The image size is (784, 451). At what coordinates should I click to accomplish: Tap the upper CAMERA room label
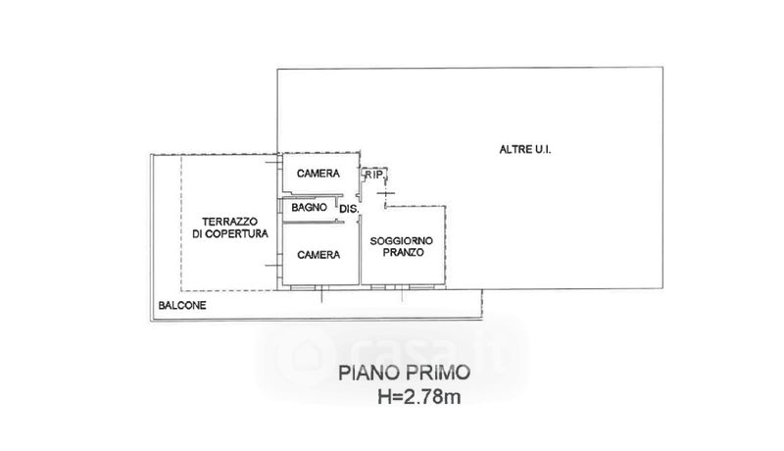coord(318,174)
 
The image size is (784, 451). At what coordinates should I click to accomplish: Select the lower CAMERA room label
coord(318,254)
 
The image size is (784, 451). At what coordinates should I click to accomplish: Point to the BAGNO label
coord(308,208)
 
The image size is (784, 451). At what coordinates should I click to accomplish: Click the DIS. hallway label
coord(350,209)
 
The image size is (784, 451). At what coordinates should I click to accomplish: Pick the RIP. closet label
coord(374,175)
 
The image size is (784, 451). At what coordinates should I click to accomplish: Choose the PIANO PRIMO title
coord(404,374)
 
